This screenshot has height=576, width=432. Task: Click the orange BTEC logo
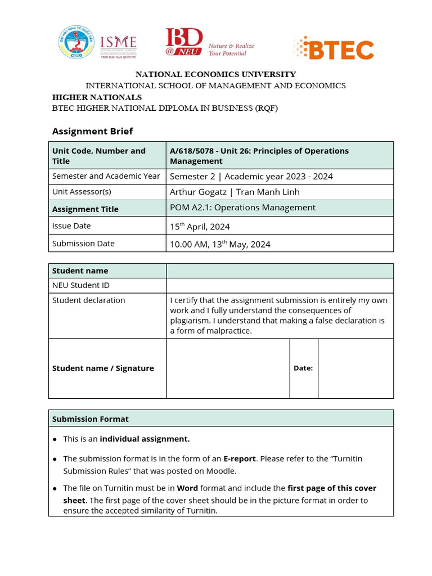click(x=334, y=48)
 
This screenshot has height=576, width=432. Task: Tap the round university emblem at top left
click(x=76, y=42)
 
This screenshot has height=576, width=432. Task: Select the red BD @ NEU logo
click(x=184, y=43)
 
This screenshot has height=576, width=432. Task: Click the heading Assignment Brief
click(x=92, y=131)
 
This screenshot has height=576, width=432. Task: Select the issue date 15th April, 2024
click(x=200, y=227)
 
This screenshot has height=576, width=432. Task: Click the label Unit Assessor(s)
click(x=82, y=192)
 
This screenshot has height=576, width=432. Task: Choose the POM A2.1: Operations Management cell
click(x=242, y=208)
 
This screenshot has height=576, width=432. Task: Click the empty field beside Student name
click(x=280, y=271)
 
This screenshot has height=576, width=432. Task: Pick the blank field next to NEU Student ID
click(x=280, y=285)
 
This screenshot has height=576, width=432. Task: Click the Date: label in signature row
click(x=303, y=368)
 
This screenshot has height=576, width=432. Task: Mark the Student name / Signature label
click(x=103, y=368)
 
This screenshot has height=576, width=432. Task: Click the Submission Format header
click(x=91, y=419)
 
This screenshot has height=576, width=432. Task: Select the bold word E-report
click(x=240, y=459)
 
